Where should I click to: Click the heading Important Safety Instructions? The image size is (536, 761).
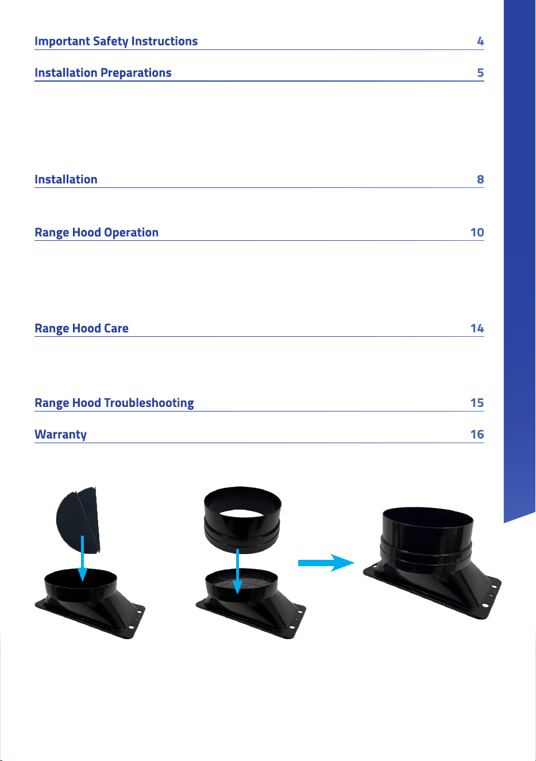tap(116, 41)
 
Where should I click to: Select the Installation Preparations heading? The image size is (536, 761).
tap(103, 73)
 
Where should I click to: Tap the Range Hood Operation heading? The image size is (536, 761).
tap(97, 233)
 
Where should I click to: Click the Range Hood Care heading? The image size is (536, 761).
tap(82, 329)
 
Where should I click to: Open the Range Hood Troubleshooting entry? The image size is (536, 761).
tap(114, 403)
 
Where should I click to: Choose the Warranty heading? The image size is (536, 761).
tap(60, 435)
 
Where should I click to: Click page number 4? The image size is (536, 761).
tap(480, 41)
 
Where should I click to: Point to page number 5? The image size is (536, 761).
tap(480, 72)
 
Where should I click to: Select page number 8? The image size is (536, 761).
tap(480, 179)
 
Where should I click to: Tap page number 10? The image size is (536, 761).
tap(477, 232)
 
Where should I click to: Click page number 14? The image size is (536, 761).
tap(477, 328)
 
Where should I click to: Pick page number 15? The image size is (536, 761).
tap(477, 403)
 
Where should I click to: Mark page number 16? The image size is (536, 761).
tap(477, 434)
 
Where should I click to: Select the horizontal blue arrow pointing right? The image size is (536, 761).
tap(326, 563)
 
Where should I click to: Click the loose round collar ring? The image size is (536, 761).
tap(242, 520)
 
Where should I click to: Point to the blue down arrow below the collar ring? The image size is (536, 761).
tap(237, 571)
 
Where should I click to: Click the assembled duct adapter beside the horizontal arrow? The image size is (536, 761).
tap(432, 563)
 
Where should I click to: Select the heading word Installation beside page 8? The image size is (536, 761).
tap(66, 179)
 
